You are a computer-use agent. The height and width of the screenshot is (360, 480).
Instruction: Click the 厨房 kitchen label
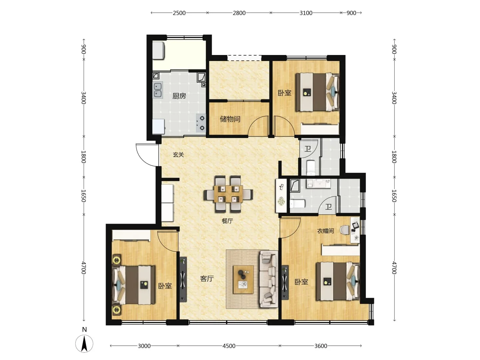pyautogui.click(x=179, y=96)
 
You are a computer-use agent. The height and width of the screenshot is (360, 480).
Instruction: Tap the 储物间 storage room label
pyautogui.click(x=230, y=119)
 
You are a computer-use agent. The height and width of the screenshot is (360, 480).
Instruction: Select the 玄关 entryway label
pyautogui.click(x=178, y=155)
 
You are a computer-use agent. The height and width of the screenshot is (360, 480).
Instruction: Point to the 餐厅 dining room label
pyautogui.click(x=227, y=221)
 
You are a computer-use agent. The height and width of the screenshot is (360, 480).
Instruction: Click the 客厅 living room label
pyautogui.click(x=207, y=278)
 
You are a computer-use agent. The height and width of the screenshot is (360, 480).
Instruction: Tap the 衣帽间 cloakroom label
pyautogui.click(x=325, y=231)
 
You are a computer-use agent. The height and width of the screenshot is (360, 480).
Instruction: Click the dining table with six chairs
pyautogui.click(x=228, y=194)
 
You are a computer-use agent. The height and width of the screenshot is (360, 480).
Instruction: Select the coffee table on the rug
pyautogui.click(x=243, y=280)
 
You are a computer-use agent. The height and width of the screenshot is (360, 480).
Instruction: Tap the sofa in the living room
pyautogui.click(x=269, y=279)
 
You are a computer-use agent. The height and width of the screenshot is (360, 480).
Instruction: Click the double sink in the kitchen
pyautogui.click(x=157, y=90)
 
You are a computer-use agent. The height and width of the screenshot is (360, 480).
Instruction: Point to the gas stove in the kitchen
pyautogui.click(x=201, y=123)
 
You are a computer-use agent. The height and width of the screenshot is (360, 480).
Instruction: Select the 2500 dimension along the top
pyautogui.click(x=179, y=13)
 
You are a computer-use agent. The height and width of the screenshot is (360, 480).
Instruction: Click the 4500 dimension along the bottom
pyautogui.click(x=229, y=346)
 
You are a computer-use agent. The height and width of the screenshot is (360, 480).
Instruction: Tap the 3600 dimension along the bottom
pyautogui.click(x=321, y=346)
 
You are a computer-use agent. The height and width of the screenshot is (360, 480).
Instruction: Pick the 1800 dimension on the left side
pyautogui.click(x=84, y=157)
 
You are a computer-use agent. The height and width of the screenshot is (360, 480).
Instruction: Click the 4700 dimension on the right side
pyautogui.click(x=394, y=268)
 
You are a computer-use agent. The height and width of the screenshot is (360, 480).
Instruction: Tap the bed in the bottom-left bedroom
pyautogui.click(x=133, y=285)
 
